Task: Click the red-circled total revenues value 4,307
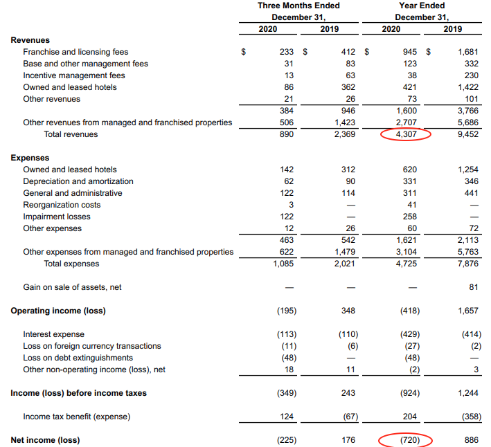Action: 405,134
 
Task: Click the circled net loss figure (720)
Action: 405,440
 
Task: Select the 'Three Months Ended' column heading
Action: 298,6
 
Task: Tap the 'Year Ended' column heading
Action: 422,6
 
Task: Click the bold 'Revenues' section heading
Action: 30,40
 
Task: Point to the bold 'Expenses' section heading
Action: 30,158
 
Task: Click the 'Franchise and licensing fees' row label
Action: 75,52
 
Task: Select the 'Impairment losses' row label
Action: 57,217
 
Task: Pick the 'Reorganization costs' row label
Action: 62,205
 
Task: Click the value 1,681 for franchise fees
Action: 468,52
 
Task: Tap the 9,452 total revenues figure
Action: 468,134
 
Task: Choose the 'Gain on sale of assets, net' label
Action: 73,287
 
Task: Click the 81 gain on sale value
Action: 474,287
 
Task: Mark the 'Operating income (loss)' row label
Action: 58,311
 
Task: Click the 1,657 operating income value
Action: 468,311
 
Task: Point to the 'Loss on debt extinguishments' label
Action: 78,358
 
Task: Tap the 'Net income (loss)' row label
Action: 45,440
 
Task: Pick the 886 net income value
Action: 472,440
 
